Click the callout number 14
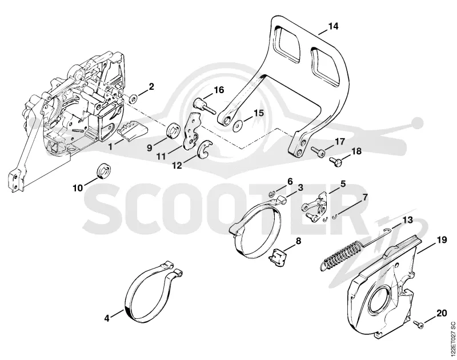(x=333, y=26)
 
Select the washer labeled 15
(x=238, y=126)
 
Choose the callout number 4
(x=107, y=318)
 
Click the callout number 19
(x=442, y=240)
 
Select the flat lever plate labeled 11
(x=192, y=131)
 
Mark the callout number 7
(x=364, y=198)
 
